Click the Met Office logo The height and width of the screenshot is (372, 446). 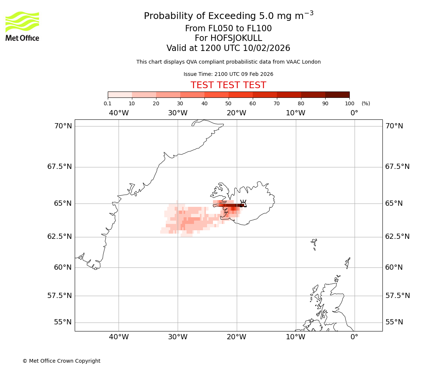[22, 26]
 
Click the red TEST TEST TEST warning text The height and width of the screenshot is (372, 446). [228, 86]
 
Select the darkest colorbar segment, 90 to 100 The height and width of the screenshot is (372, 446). [337, 94]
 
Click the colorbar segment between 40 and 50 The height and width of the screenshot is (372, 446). [216, 94]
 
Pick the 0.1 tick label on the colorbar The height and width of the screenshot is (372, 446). [108, 103]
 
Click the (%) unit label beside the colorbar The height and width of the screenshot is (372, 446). [366, 103]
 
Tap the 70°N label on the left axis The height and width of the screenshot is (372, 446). [63, 126]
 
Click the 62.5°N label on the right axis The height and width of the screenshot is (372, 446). [397, 237]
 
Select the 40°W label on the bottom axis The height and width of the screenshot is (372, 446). [119, 337]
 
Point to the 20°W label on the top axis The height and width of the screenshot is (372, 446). [236, 113]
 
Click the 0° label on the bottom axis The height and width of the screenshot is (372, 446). [354, 337]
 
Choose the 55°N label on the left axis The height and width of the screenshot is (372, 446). [63, 322]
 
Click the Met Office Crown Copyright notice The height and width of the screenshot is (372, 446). [61, 361]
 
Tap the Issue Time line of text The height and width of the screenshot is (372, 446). [228, 74]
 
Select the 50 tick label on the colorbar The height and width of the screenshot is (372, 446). [229, 103]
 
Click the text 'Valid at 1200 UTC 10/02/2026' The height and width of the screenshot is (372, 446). [228, 48]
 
